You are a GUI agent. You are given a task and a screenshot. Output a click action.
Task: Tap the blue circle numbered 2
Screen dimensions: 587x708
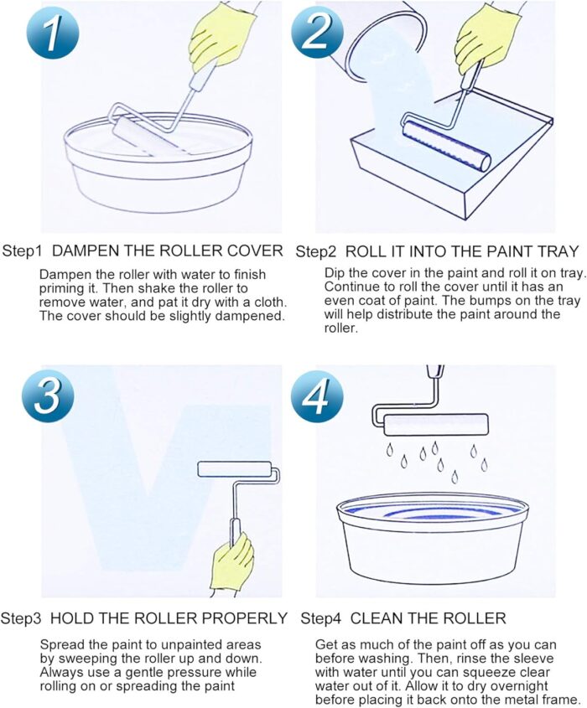pyautogui.click(x=316, y=32)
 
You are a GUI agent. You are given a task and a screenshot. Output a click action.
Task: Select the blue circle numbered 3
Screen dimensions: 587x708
pyautogui.click(x=49, y=396)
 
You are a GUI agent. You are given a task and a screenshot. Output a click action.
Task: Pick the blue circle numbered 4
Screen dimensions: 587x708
pyautogui.click(x=316, y=396)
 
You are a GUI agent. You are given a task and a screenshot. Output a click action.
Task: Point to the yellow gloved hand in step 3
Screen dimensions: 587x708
pyautogui.click(x=232, y=563)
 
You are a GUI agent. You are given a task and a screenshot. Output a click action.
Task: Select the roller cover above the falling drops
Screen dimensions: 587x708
pyautogui.click(x=435, y=425)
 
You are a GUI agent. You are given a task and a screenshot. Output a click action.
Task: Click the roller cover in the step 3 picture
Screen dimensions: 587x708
pyautogui.click(x=235, y=469)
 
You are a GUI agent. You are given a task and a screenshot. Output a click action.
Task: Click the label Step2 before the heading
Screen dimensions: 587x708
pyautogui.click(x=316, y=251)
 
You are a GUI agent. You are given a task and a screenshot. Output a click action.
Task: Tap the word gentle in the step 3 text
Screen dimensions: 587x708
pyautogui.click(x=137, y=672)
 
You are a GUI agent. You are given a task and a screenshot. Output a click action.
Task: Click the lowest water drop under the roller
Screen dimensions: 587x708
pyautogui.click(x=455, y=476)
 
